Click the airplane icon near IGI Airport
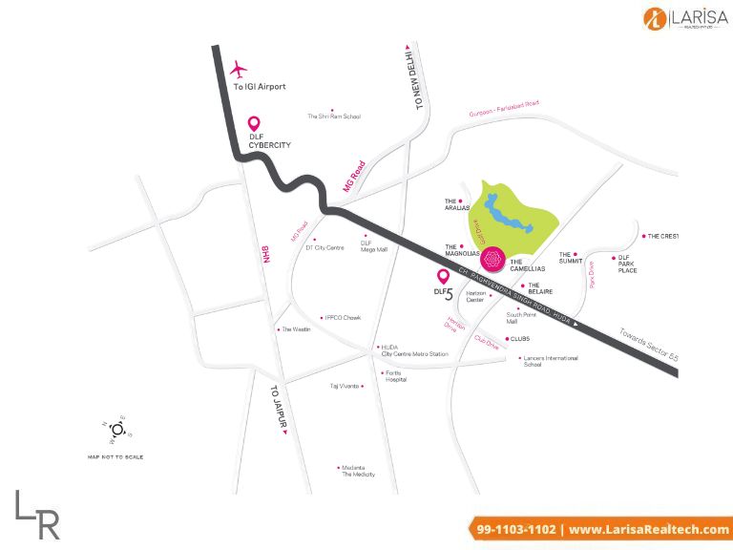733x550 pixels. coord(239,70)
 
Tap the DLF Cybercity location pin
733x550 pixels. coord(255,125)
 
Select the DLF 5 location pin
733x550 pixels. coord(443,278)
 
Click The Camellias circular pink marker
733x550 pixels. coord(492,258)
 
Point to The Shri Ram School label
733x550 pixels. coord(334,116)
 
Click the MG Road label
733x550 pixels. coord(354,178)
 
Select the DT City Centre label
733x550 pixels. coord(325,247)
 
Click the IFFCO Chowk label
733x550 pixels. coord(342,318)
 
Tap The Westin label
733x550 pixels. coord(294,329)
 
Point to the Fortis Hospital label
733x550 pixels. coord(395,375)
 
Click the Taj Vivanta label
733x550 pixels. coord(345,386)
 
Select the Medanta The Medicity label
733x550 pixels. coord(359,471)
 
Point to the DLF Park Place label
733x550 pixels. coord(627,264)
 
